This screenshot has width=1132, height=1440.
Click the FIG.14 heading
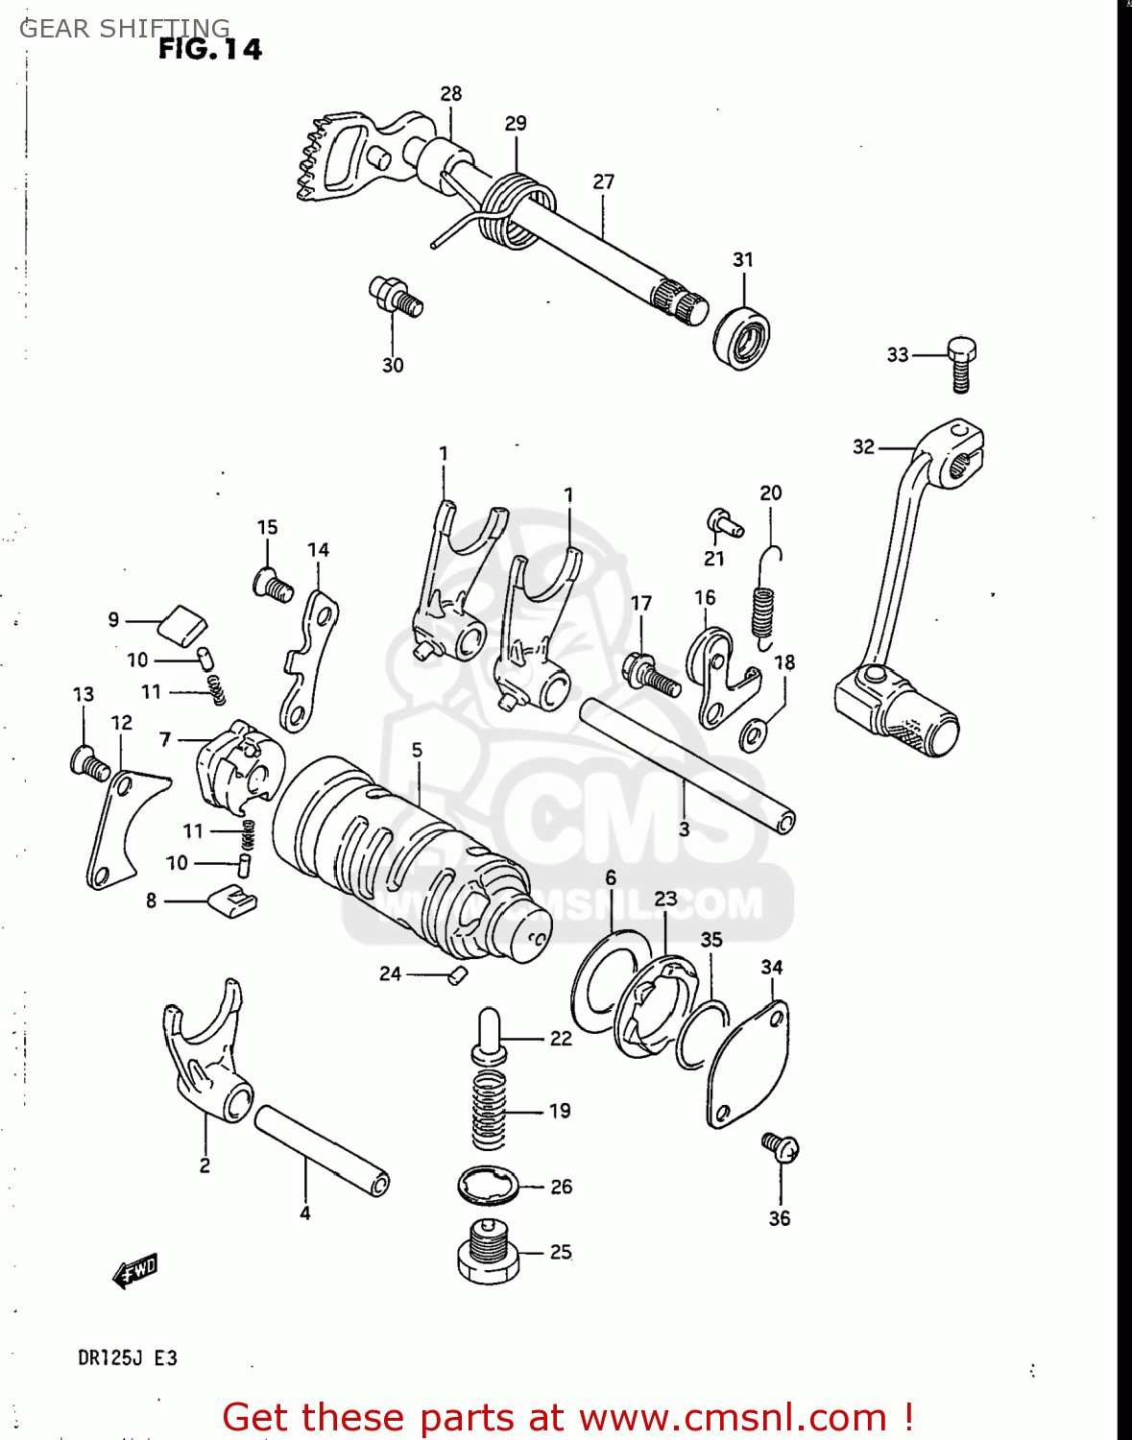(209, 49)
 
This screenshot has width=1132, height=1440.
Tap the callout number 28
(450, 93)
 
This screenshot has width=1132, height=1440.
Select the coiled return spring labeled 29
(517, 211)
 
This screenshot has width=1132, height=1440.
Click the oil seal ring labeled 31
(741, 338)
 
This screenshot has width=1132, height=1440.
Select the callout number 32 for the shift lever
(863, 446)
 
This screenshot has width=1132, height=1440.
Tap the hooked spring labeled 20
(764, 600)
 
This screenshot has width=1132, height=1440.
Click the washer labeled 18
(754, 735)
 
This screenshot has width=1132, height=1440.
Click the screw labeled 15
(273, 585)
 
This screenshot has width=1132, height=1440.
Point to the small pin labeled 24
(457, 976)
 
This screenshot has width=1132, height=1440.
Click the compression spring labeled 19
(489, 1111)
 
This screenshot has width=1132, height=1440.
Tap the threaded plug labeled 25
(489, 1252)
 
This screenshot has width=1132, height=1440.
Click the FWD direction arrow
(134, 1271)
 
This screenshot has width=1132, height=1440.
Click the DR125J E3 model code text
(127, 1357)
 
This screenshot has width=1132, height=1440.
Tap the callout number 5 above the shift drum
(417, 750)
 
